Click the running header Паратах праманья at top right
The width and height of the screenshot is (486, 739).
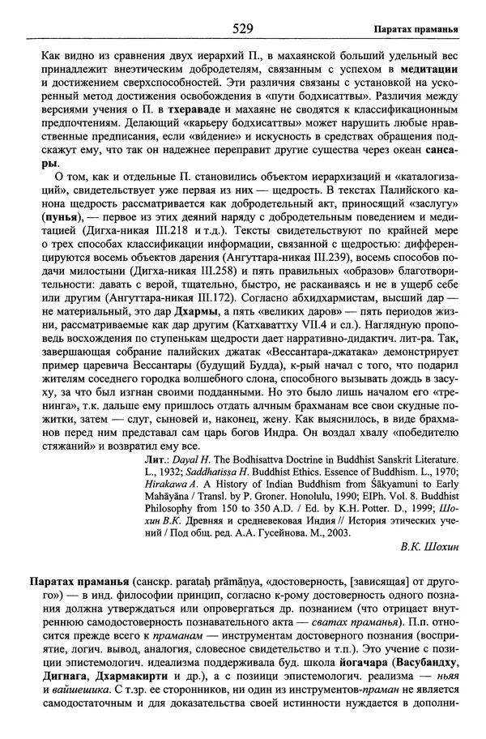coord(417,31)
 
